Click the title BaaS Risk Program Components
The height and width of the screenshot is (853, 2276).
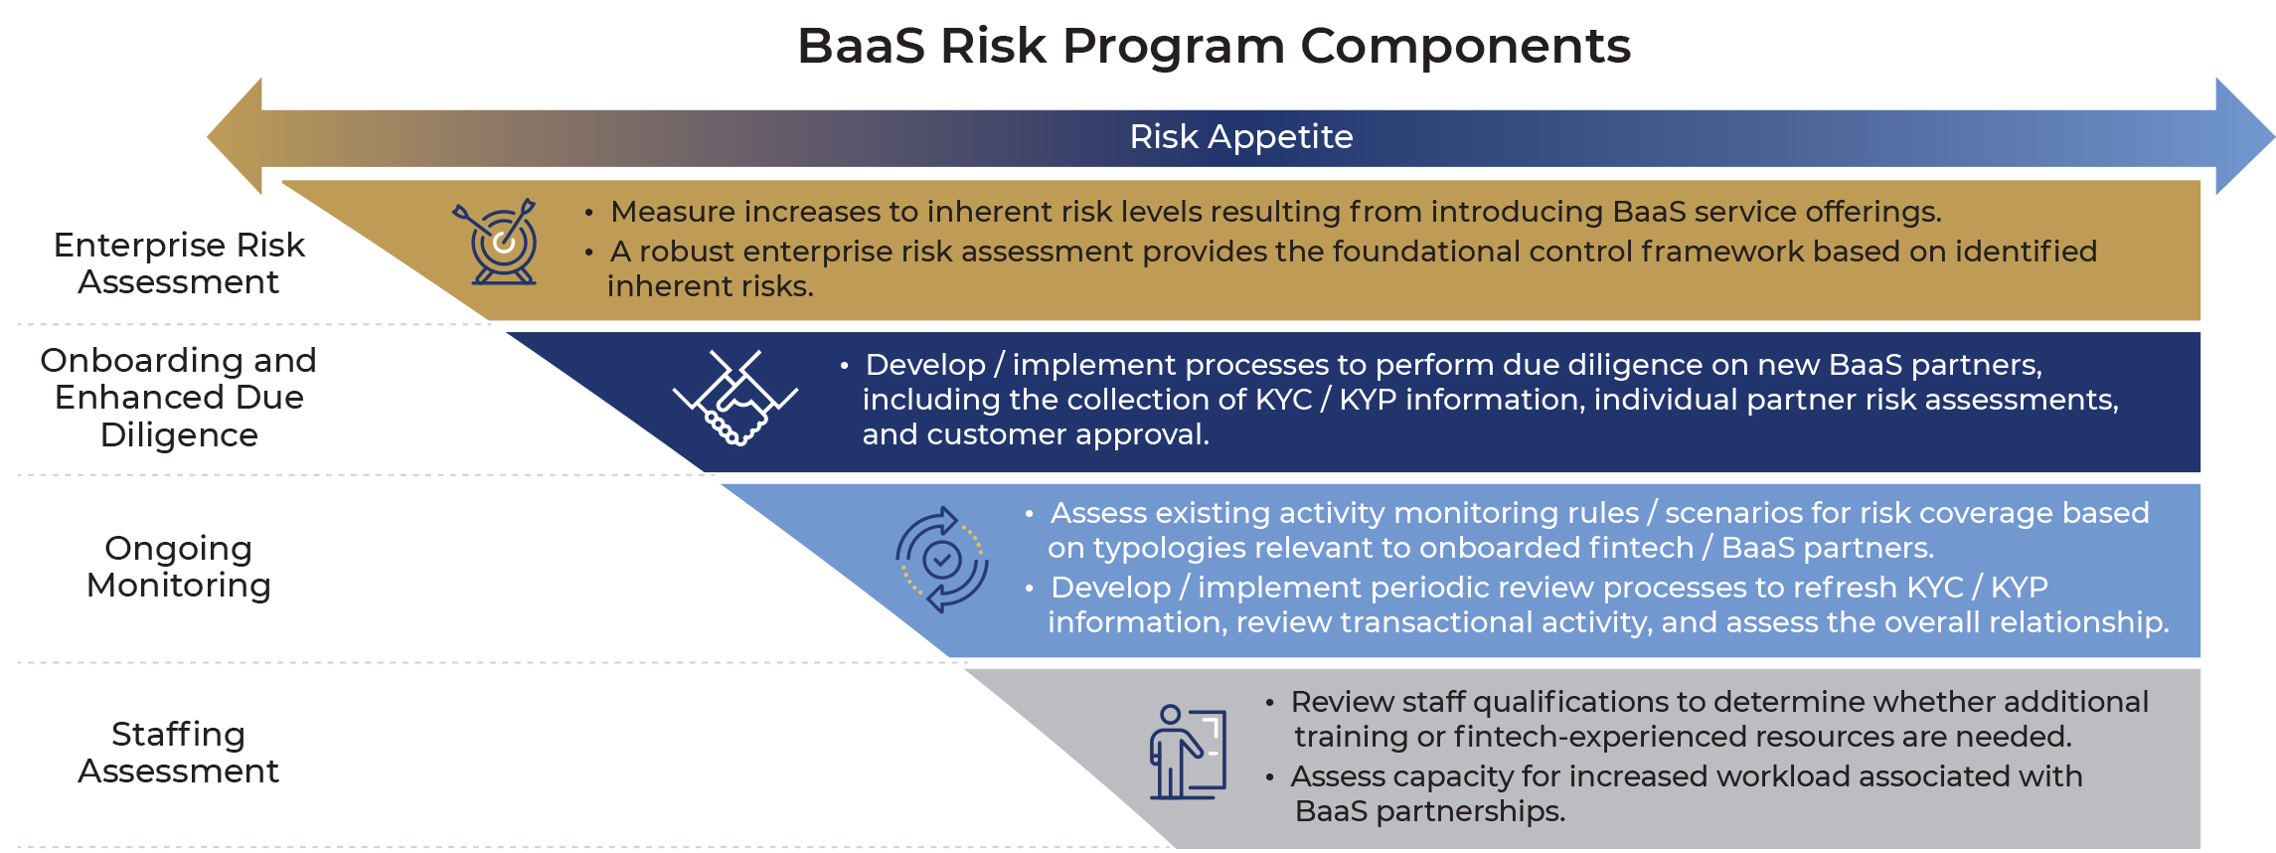coord(1214,46)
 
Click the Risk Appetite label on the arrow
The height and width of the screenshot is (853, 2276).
coord(1240,136)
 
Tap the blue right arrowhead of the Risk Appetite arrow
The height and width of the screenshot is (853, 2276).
coord(2243,136)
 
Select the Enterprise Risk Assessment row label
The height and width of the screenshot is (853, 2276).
coord(179,263)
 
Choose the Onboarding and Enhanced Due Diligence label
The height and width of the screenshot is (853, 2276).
coord(179,397)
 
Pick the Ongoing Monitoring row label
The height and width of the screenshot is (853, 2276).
coord(179,567)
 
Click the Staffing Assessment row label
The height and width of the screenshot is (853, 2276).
coord(179,753)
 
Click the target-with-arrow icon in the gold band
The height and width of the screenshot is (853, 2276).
coord(500,243)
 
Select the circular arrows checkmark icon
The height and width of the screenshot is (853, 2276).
coord(941,560)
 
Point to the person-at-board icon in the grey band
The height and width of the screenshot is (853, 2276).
coord(1187,752)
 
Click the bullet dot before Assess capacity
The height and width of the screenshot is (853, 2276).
coord(1269,777)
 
